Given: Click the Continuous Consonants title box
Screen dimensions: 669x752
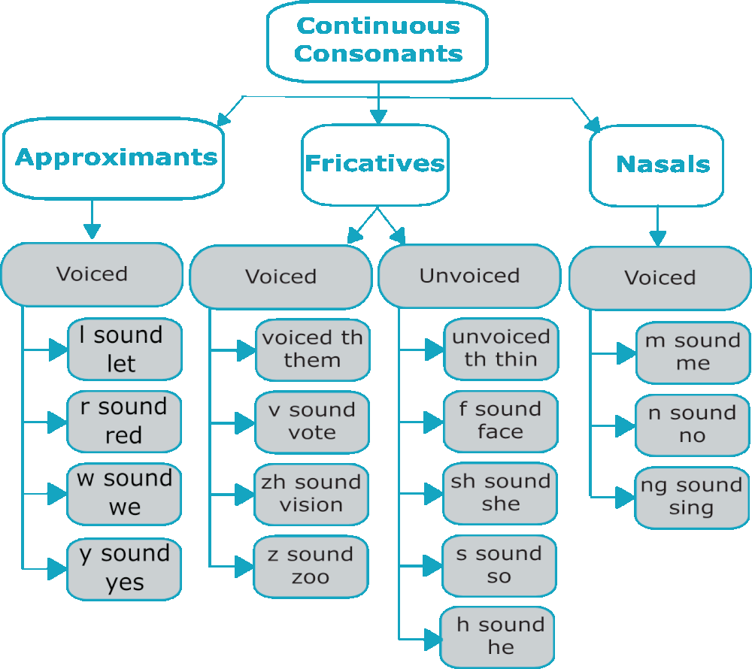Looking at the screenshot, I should pyautogui.click(x=378, y=41).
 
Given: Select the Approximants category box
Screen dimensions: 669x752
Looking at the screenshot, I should pyautogui.click(x=114, y=158).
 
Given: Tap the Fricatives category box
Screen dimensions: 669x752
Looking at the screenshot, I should pyautogui.click(x=374, y=165).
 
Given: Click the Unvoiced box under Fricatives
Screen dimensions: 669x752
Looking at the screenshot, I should pyautogui.click(x=469, y=276).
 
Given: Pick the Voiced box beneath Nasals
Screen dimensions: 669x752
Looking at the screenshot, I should pyautogui.click(x=660, y=277).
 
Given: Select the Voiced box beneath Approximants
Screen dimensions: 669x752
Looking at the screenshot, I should pyautogui.click(x=92, y=274).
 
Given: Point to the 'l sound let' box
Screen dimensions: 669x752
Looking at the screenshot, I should pyautogui.click(x=124, y=350).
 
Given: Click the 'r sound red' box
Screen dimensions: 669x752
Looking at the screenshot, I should pyautogui.click(x=124, y=421).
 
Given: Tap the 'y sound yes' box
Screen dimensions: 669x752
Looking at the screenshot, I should pyautogui.click(x=124, y=568).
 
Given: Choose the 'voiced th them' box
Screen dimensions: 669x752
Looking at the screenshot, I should pyautogui.click(x=312, y=350).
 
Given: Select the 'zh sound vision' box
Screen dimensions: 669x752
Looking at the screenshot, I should pyautogui.click(x=311, y=494).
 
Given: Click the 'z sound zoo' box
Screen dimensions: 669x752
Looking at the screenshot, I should pyautogui.click(x=311, y=566).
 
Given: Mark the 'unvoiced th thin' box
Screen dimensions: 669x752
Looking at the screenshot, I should pyautogui.click(x=500, y=349).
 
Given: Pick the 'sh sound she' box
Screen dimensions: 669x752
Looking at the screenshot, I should pyautogui.click(x=500, y=493).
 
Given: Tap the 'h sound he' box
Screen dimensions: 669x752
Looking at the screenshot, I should pyautogui.click(x=499, y=637).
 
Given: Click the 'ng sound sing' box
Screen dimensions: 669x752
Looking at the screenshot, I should pyautogui.click(x=692, y=497).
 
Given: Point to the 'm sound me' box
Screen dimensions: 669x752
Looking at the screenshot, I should pyautogui.click(x=693, y=353).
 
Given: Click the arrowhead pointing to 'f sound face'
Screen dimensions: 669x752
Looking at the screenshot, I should pyautogui.click(x=434, y=422).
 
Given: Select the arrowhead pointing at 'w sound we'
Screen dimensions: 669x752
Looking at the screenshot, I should pyautogui.click(x=58, y=494).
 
